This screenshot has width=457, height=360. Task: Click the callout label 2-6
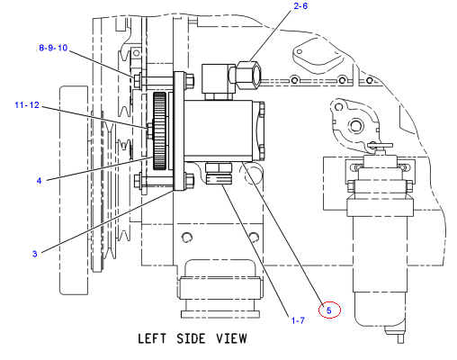click(x=300, y=6)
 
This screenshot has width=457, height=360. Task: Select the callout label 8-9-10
click(x=53, y=48)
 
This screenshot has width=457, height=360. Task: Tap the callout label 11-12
click(x=27, y=104)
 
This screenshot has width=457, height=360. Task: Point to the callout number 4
click(x=39, y=181)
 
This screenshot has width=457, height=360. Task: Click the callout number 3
click(x=35, y=254)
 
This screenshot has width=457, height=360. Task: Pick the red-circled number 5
click(x=329, y=310)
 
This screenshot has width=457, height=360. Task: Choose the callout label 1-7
click(x=298, y=320)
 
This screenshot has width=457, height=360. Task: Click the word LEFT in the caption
click(x=152, y=338)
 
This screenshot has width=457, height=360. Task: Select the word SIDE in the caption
click(x=191, y=338)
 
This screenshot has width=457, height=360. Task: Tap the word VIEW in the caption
click(x=232, y=338)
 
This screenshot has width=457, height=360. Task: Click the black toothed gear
click(x=159, y=131)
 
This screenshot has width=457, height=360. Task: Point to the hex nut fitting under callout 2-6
click(x=248, y=75)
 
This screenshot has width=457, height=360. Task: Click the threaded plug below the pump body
click(x=219, y=174)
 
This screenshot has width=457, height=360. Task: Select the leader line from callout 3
click(x=107, y=221)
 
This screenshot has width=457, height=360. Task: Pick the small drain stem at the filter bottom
click(x=400, y=338)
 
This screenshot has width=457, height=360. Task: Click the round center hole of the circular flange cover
click(x=356, y=125)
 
